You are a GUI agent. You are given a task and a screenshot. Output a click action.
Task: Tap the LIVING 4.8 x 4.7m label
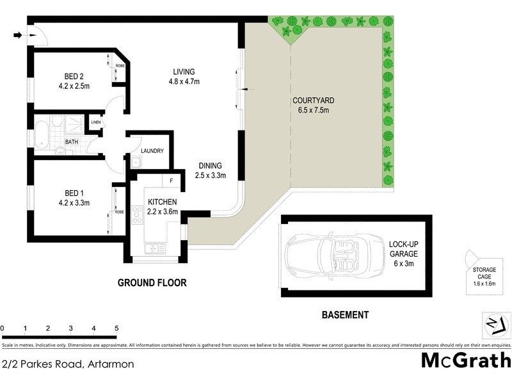pos(184,76)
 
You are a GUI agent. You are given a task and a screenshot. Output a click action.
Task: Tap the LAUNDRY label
pos(152,151)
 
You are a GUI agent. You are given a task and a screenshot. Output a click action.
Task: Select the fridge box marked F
pos(172,181)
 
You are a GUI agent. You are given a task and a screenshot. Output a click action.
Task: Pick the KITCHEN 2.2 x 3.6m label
pos(161,207)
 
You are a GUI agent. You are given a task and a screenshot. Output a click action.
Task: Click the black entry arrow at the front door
pos(16,35)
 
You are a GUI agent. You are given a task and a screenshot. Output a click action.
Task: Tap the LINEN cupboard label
pos(96,122)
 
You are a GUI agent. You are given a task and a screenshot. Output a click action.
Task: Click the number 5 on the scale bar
pos(116,328)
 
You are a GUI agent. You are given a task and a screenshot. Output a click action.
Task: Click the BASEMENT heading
pos(344,315)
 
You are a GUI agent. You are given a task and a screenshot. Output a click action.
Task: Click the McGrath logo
pos(465,360)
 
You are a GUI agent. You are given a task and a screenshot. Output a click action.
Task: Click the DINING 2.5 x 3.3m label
pos(211,171)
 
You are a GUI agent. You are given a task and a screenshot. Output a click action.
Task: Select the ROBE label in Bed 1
pos(120,212)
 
